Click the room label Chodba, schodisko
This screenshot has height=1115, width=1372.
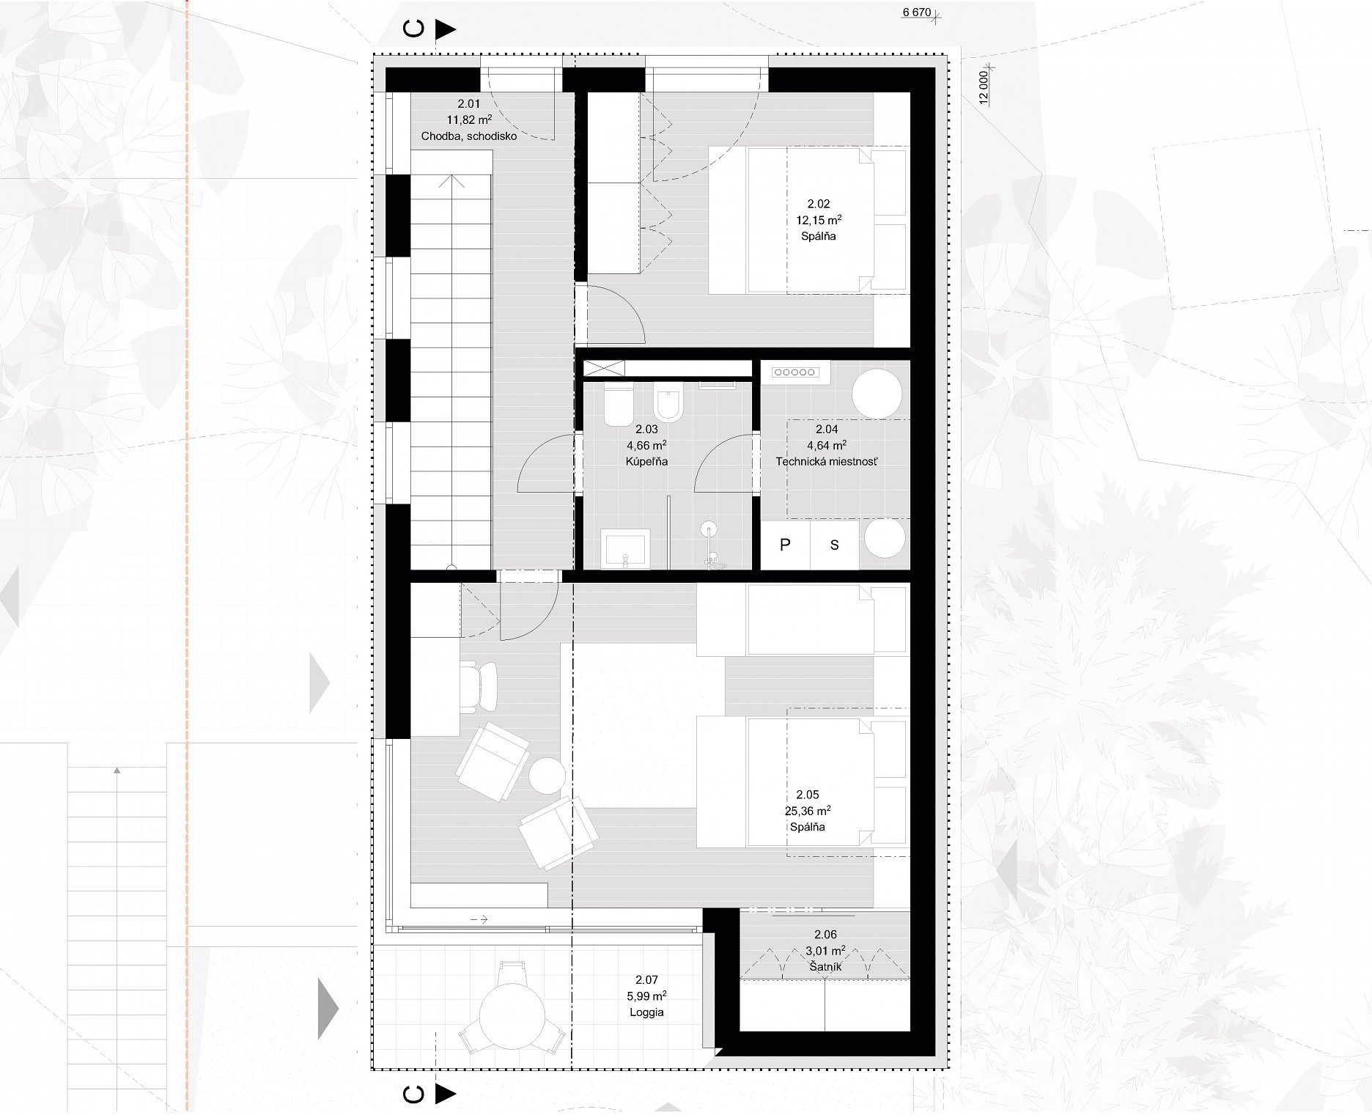(469, 136)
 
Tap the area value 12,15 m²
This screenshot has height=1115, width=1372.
(819, 220)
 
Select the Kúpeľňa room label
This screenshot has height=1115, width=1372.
(646, 462)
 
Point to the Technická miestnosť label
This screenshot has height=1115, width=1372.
(827, 462)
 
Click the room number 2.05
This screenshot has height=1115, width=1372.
(808, 795)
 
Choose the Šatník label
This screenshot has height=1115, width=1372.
(825, 967)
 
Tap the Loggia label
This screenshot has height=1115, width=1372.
(646, 1012)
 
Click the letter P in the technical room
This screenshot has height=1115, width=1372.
(785, 545)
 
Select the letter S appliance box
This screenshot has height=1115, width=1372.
(834, 545)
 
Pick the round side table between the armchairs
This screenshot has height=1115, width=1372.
(547, 776)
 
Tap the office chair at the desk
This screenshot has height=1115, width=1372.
(478, 687)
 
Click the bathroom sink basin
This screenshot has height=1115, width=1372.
(625, 549)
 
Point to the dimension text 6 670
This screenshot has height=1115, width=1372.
(916, 12)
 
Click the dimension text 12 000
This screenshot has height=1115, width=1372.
(984, 87)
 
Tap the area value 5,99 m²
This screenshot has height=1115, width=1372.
(646, 996)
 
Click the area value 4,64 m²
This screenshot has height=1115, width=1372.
(827, 445)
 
